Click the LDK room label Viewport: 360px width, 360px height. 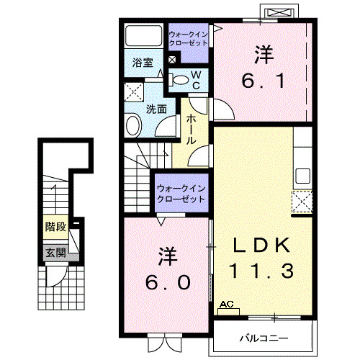point(261,246)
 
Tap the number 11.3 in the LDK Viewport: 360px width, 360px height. point(261,271)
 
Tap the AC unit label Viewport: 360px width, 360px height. point(228,305)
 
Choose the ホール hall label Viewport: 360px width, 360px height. point(192,130)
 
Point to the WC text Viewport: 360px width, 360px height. point(195,79)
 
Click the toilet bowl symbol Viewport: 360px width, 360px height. point(180,79)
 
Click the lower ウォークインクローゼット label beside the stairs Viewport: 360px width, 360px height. point(181,193)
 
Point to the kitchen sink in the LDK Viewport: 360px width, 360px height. point(302,176)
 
